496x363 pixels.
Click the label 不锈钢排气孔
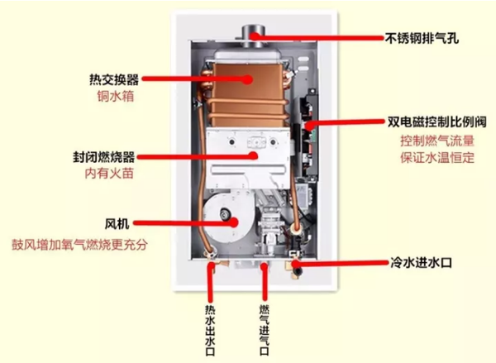(x=422, y=38)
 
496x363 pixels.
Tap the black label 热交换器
(x=114, y=79)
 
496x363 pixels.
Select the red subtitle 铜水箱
(x=116, y=96)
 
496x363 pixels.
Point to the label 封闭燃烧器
(x=104, y=156)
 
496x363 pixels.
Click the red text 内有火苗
(x=109, y=174)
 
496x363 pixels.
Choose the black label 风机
(x=117, y=223)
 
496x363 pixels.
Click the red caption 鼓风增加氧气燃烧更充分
(x=79, y=244)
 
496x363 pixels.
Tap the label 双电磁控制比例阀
(x=436, y=122)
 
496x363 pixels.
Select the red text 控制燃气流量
(x=437, y=141)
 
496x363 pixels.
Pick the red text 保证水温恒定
(x=437, y=157)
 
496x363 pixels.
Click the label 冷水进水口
(x=421, y=263)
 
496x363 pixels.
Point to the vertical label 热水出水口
(x=210, y=330)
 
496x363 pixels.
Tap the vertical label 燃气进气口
(x=265, y=330)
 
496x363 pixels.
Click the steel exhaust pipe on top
(x=254, y=36)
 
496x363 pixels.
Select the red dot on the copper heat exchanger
(x=248, y=79)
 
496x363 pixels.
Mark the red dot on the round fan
(x=234, y=222)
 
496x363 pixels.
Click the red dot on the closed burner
(x=253, y=155)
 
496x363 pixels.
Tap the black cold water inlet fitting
(x=298, y=271)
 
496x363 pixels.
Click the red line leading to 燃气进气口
(x=265, y=282)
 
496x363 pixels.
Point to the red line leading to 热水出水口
(x=210, y=282)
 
